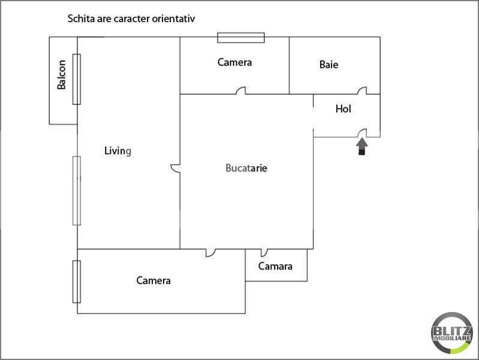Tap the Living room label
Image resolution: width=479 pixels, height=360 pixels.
(x=117, y=151)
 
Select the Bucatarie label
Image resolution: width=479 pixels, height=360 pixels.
(x=246, y=168)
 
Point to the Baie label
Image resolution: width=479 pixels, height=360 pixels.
(x=329, y=64)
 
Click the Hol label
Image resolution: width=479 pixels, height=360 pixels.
(x=344, y=109)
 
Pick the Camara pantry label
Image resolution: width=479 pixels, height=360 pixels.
(x=275, y=266)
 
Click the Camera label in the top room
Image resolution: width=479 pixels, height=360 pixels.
(x=234, y=62)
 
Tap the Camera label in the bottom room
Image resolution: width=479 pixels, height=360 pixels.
(x=153, y=280)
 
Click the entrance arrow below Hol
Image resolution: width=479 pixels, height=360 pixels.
(x=361, y=147)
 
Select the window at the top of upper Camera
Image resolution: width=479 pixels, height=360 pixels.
(x=240, y=38)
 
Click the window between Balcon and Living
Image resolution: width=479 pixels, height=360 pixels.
(x=77, y=79)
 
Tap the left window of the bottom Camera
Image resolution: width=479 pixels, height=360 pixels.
(x=77, y=281)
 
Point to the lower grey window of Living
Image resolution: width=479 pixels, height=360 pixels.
(x=77, y=190)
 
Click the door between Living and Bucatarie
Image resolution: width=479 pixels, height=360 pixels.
(x=174, y=169)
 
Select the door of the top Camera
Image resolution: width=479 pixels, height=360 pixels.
(x=241, y=91)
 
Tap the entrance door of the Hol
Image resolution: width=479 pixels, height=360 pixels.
(x=363, y=134)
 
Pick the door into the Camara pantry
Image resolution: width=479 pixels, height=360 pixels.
(x=264, y=253)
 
